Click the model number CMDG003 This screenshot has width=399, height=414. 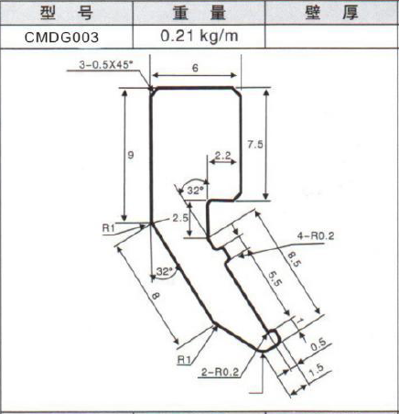click(x=61, y=38)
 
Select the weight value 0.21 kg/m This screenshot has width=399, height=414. click(x=199, y=37)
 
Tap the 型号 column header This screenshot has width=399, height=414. click(x=67, y=13)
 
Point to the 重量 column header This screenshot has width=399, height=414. click(x=199, y=13)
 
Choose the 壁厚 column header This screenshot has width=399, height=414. click(x=331, y=13)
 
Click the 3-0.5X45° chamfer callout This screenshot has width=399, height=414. click(x=106, y=65)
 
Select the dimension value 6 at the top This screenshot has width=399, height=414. click(x=195, y=68)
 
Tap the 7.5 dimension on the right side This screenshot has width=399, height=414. click(x=255, y=144)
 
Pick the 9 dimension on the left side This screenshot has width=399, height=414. click(x=131, y=155)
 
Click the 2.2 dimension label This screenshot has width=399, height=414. click(x=222, y=156)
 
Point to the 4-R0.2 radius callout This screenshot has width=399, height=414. click(x=316, y=235)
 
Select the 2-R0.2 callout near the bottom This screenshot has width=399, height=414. click(x=220, y=372)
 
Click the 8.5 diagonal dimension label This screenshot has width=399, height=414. click(x=292, y=258)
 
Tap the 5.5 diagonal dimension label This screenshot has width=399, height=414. click(x=275, y=279)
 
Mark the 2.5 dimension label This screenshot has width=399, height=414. click(x=180, y=218)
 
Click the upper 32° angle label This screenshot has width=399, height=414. click(x=195, y=191)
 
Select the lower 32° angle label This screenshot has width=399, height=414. click(x=164, y=271)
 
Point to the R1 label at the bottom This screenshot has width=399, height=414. click(x=184, y=360)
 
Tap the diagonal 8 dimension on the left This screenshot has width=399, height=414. click(x=156, y=296)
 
